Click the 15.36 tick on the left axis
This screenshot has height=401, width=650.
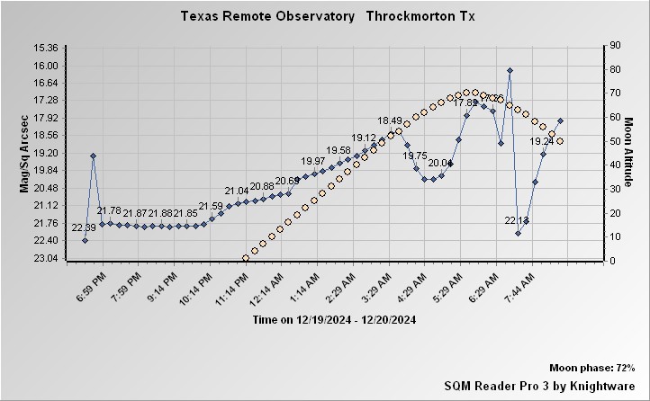click(x=45, y=48)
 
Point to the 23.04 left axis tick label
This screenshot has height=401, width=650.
click(x=45, y=258)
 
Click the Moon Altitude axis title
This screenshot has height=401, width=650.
click(x=629, y=153)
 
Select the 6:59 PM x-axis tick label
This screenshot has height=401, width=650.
click(x=91, y=284)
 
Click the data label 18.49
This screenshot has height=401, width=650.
click(x=390, y=120)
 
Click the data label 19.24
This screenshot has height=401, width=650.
click(x=541, y=141)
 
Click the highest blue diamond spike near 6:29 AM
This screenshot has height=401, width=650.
click(x=510, y=70)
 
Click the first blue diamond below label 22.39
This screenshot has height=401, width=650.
click(x=85, y=240)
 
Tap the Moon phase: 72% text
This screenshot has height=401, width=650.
click(x=592, y=369)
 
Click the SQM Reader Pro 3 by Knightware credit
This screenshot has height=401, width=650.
click(x=540, y=386)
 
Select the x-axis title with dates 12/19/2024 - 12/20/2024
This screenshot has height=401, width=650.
click(x=334, y=319)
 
